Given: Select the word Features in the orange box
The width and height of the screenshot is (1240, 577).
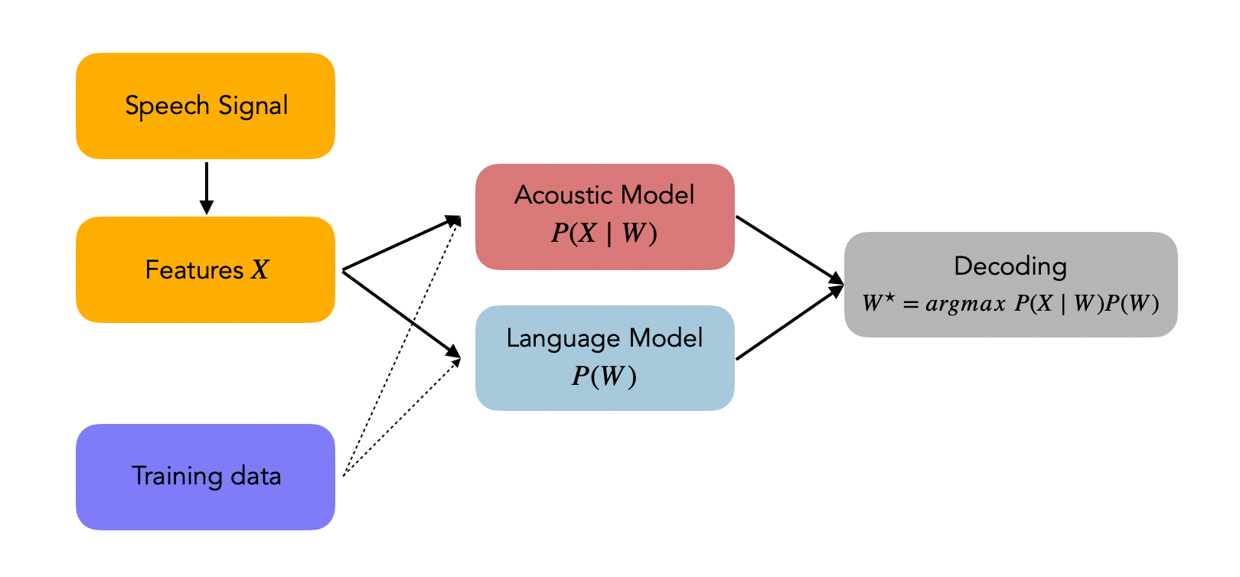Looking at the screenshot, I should click(x=194, y=270).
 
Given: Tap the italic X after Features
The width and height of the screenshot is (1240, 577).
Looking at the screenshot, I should click(x=260, y=270).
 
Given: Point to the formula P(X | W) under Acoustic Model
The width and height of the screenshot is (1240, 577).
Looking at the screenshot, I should click(x=604, y=233).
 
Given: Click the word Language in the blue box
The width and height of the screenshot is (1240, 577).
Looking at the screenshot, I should click(x=563, y=338).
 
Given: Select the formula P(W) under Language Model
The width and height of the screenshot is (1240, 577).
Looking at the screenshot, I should click(x=604, y=376).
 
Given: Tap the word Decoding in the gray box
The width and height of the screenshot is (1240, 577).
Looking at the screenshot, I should click(x=1010, y=266).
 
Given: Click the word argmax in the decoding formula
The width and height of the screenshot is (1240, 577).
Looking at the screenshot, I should click(x=965, y=304).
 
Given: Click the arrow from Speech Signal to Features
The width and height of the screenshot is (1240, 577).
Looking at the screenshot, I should click(x=206, y=187).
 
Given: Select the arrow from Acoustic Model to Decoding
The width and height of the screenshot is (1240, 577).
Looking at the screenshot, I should click(x=788, y=249).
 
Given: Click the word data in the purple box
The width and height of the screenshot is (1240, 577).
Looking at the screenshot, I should click(x=256, y=477).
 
